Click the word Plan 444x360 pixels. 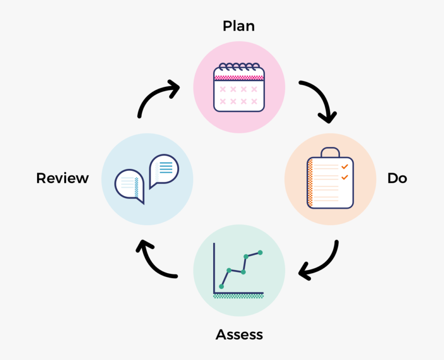click(239, 26)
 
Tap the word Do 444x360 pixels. click(397, 178)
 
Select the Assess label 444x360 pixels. click(239, 335)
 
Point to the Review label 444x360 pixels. click(63, 178)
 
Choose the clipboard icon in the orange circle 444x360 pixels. click(330, 179)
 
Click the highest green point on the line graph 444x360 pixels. click(260, 252)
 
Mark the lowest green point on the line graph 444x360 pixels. click(221, 286)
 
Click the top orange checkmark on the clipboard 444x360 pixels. click(345, 166)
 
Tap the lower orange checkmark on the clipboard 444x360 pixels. click(345, 177)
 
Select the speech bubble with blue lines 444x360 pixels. click(163, 169)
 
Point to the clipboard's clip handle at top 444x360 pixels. click(330, 152)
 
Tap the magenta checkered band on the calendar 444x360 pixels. click(239, 77)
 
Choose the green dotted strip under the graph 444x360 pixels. click(239, 296)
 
